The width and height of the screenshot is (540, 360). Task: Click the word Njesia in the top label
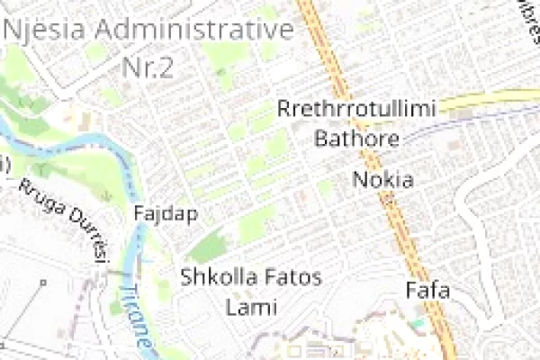46,30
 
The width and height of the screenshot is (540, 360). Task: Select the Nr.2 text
147,67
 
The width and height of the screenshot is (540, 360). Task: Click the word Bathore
356,139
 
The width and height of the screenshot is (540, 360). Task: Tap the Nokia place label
382,179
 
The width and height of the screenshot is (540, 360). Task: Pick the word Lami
251,307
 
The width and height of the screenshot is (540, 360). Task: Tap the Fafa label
427,291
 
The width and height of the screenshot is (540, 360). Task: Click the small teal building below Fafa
416,321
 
